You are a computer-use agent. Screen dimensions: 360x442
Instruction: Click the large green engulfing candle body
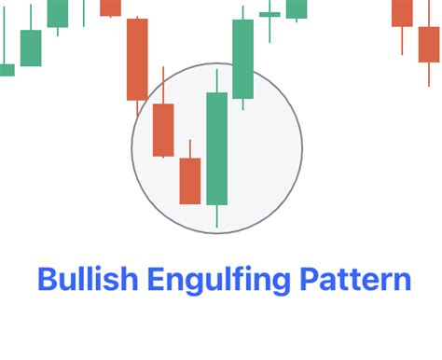[x=216, y=148]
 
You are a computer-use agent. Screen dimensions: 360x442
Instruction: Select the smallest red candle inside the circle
[x=190, y=180]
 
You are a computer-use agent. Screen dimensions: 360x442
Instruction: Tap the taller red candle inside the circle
[x=163, y=130]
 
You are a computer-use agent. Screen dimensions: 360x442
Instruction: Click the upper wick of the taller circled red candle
[x=163, y=85]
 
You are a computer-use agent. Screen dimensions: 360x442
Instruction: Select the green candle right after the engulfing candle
[x=242, y=59]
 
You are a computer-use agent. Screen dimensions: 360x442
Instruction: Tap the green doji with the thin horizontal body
[x=269, y=15]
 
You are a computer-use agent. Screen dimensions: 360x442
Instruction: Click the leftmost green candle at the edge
[x=6, y=69]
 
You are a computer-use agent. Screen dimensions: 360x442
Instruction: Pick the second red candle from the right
[x=402, y=12]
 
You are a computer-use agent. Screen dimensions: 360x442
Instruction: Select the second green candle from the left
[x=31, y=48]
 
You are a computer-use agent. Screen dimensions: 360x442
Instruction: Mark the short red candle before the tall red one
[x=110, y=7]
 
